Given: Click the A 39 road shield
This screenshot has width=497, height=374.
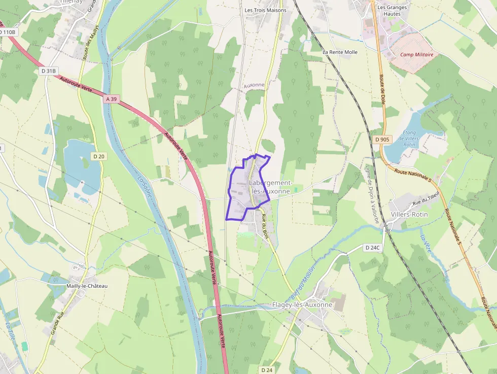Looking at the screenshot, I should pos(112,99).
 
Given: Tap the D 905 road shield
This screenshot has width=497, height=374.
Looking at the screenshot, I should pos(382,139).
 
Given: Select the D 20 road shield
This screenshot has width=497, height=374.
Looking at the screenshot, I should pos(98,156).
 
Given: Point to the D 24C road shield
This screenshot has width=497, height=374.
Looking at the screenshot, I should pos(372,248).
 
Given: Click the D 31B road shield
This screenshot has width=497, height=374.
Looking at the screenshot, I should pos(48,71).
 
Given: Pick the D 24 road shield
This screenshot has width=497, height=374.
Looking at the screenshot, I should pos(267,370).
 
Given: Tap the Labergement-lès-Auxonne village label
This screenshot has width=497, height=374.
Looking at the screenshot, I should pos(271,187).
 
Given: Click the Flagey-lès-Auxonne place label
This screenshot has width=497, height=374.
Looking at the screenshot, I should pos(302,305).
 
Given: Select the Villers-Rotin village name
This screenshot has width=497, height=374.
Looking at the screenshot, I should pos(409,214).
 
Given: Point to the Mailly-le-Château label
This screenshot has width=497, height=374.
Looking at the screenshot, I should pos(87,286).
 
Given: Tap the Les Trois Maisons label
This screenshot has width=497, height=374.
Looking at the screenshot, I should pos(265,10).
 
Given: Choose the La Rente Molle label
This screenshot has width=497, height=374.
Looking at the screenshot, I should pos(340,52).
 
